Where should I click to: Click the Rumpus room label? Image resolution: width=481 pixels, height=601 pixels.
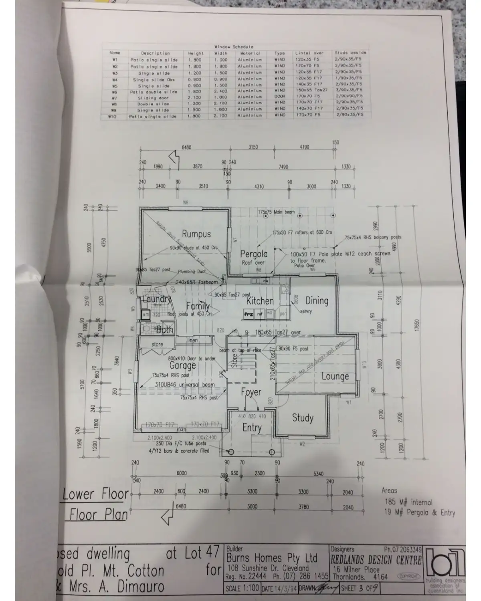[x=196, y=234]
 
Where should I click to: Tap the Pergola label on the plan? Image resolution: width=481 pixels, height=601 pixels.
[x=254, y=254]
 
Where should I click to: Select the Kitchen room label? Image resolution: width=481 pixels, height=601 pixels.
[x=260, y=301]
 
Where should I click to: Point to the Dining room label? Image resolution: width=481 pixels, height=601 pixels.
[x=317, y=300]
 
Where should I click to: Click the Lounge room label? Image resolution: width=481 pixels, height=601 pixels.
[x=335, y=377]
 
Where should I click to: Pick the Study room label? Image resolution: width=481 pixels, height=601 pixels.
[x=302, y=418]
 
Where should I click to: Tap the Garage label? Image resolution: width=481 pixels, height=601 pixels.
[x=182, y=365]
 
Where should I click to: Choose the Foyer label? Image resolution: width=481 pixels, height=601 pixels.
[x=251, y=392]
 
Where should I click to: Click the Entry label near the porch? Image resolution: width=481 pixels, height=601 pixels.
[x=252, y=428]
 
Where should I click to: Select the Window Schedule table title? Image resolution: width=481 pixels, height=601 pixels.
[x=234, y=47]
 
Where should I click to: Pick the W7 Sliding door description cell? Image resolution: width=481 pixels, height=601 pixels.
[x=154, y=98]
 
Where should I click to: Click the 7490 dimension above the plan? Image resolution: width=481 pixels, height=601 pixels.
[x=283, y=167]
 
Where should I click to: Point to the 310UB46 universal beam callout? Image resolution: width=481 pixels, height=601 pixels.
[x=185, y=385]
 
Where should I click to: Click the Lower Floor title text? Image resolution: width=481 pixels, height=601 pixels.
[x=95, y=494]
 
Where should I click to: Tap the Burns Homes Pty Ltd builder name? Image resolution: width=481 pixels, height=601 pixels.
[x=272, y=558]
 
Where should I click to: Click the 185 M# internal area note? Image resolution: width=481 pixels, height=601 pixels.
[x=408, y=502]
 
